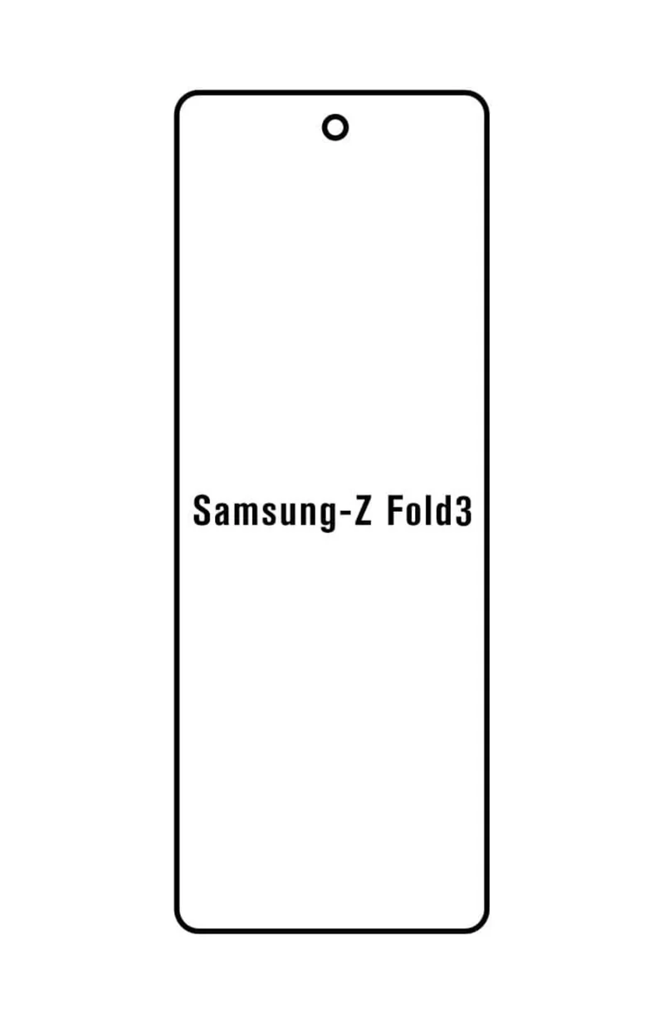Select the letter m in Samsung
tap(248, 514)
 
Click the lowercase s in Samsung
tap(272, 515)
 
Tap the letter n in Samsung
tap(313, 514)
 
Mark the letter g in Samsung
tap(334, 518)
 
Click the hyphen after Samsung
tap(348, 516)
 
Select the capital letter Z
tap(362, 511)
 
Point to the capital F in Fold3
tap(396, 511)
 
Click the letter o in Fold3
tap(416, 515)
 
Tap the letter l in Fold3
tap(431, 510)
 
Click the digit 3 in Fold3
tap(463, 511)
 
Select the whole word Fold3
tap(430, 511)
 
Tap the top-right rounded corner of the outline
tap(481, 100)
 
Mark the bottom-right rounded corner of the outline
tap(481, 924)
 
